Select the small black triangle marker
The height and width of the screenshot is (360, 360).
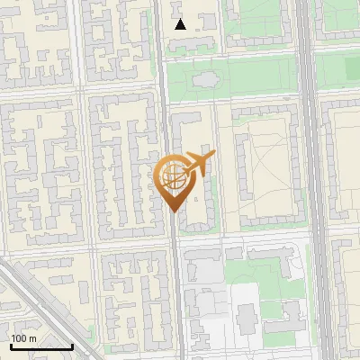pyautogui.click(x=181, y=24)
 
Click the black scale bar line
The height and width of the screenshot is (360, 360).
pyautogui.click(x=40, y=346)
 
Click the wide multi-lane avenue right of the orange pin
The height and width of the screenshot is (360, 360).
pyautogui.click(x=308, y=180)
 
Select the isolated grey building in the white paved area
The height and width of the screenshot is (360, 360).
pyautogui.click(x=247, y=316)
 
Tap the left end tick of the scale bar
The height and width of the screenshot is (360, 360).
pyautogui.click(x=10, y=346)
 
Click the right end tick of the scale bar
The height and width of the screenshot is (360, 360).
pyautogui.click(x=72, y=346)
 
